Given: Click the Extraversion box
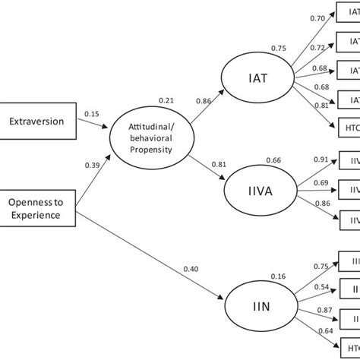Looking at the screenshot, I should tap(37, 120).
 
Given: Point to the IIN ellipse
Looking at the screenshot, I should tap(256, 308).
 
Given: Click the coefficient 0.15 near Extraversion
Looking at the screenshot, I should tap(92, 114).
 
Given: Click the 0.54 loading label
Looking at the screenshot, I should tap(322, 287).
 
